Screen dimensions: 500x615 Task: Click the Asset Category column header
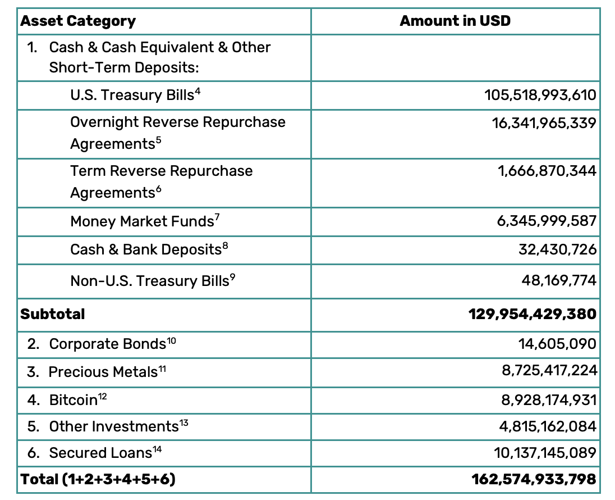(x=78, y=21)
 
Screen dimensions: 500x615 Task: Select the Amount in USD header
(x=455, y=21)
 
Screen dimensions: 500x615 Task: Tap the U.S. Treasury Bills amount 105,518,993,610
(x=540, y=95)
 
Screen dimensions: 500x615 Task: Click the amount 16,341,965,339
(x=544, y=122)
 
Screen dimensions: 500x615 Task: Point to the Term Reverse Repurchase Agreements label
(x=161, y=181)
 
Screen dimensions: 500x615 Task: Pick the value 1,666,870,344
(x=547, y=171)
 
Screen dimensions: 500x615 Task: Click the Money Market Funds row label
(x=142, y=221)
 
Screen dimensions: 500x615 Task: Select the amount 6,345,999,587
(x=546, y=221)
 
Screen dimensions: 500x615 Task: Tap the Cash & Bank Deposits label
(x=146, y=249)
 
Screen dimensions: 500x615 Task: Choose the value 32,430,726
(x=557, y=249)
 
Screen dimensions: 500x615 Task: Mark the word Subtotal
(x=53, y=314)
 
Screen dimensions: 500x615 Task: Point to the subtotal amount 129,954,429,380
(x=532, y=314)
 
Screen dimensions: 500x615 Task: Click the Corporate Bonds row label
(x=108, y=344)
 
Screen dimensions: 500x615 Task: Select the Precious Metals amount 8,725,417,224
(x=549, y=371)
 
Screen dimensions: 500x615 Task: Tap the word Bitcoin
(x=74, y=400)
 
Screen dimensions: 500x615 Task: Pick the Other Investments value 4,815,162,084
(x=548, y=426)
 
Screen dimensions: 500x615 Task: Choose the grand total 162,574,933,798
(x=534, y=479)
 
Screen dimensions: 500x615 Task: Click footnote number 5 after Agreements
(x=158, y=140)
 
